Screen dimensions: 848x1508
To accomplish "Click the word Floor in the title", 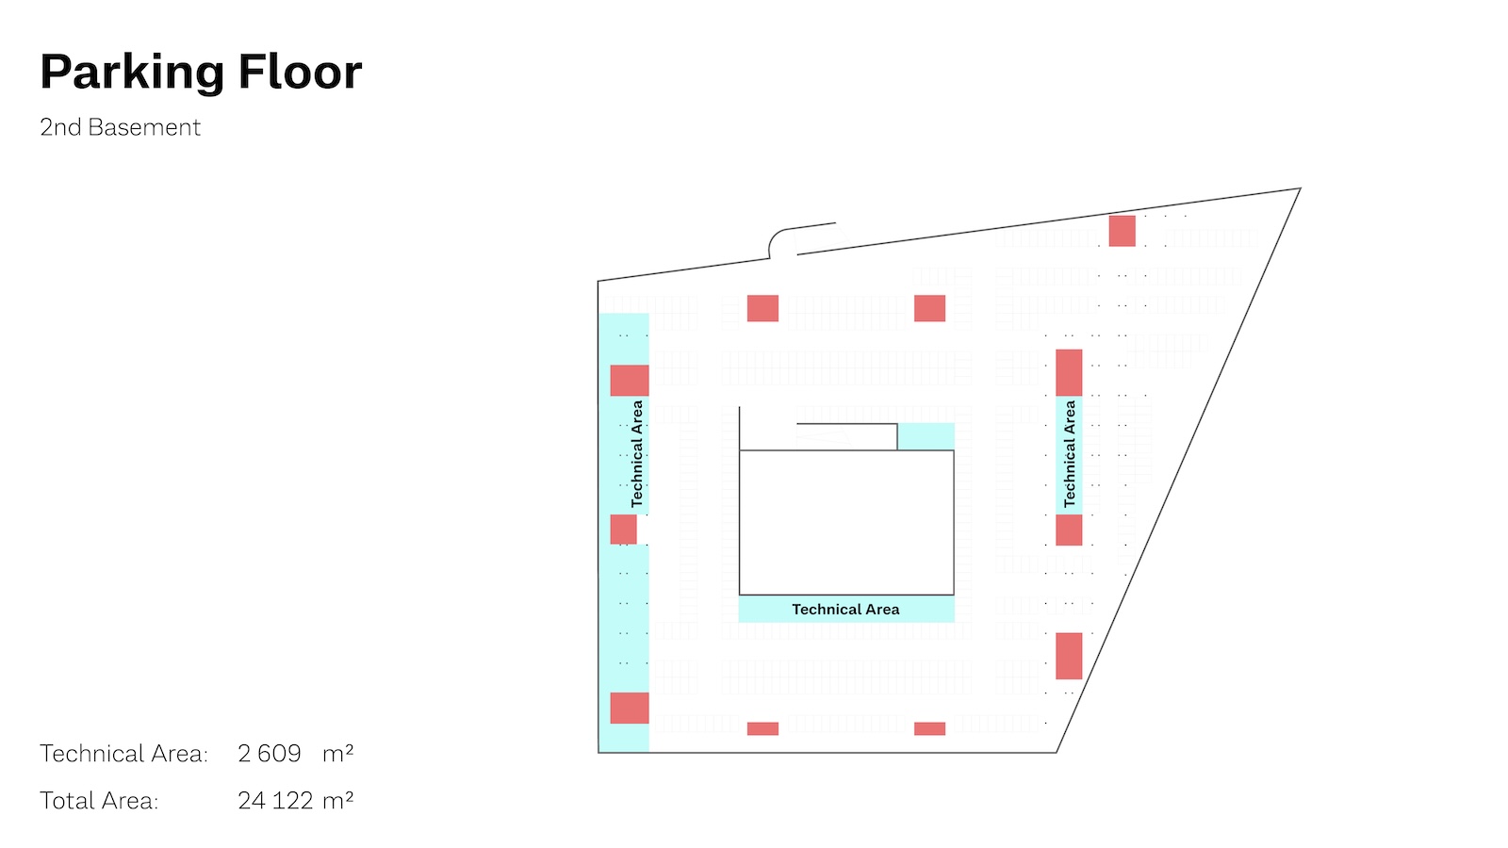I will point(300,73).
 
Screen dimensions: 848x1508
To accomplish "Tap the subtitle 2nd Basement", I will point(120,127).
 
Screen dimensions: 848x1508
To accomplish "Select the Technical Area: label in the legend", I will point(123,754).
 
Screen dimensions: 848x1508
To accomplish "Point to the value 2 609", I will point(270,754).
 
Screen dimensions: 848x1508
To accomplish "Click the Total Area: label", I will point(99,801).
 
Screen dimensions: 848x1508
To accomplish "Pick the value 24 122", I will point(275,801).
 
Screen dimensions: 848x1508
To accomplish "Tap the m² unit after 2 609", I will point(337,754).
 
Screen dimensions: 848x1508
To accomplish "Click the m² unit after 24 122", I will point(337,801).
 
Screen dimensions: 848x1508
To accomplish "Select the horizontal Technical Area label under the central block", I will point(845,610).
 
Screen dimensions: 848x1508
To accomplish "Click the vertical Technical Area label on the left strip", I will point(637,454).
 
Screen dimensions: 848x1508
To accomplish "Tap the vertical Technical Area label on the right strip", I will point(1070,454).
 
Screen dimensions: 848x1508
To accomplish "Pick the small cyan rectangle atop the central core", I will point(926,436).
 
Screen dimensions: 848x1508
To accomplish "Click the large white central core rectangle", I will point(845,522).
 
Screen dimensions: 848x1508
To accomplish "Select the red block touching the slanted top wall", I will point(1122,231).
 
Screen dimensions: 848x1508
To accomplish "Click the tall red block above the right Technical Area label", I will point(1069,372).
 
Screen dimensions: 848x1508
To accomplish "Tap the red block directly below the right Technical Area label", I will point(1069,530).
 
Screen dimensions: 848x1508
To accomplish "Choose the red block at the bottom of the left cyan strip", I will point(630,708).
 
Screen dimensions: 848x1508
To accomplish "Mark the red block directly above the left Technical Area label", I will point(630,381).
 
